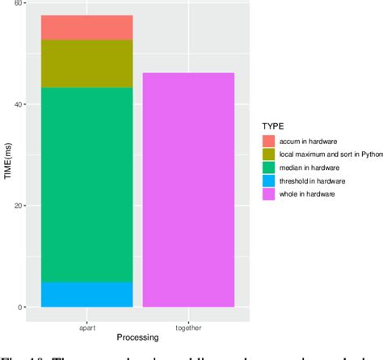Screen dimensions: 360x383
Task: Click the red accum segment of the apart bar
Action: coord(86,28)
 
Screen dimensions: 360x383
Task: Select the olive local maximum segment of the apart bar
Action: coord(86,63)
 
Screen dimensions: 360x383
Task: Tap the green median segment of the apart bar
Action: coord(86,184)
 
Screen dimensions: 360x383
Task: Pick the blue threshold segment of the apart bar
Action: coord(86,294)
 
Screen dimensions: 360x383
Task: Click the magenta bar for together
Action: coord(188,190)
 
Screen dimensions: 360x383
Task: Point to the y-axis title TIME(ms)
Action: coord(7,156)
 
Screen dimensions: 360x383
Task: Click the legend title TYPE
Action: coord(272,125)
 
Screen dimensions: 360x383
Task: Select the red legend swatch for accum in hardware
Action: coord(269,140)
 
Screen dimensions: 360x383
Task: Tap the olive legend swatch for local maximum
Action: coord(269,153)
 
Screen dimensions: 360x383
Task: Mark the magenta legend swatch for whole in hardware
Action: coord(269,193)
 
